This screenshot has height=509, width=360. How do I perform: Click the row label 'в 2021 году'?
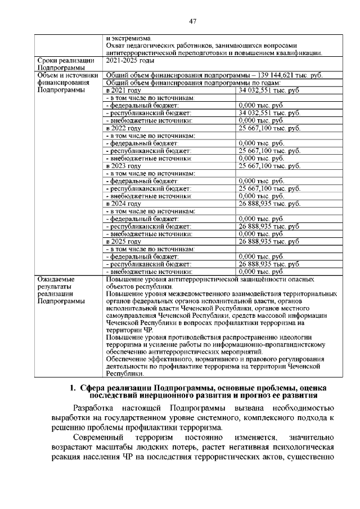pos(123,90)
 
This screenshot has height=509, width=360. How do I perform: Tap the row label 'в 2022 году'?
pos(123,128)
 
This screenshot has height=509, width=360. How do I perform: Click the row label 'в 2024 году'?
pos(123,204)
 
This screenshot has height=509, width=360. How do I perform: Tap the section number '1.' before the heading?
pos(73,388)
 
